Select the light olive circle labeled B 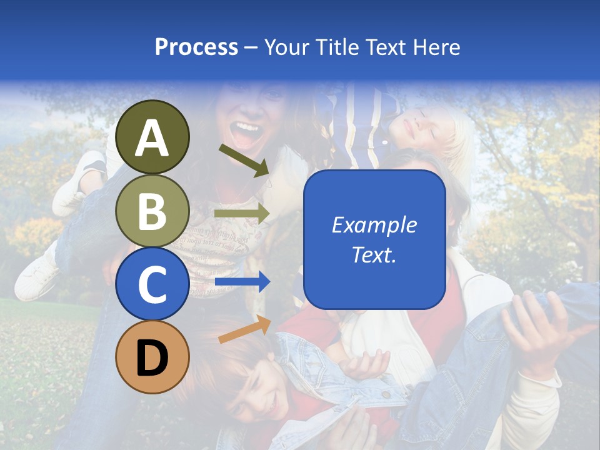[x=152, y=211]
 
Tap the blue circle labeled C [x=152, y=284]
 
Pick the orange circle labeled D [x=152, y=357]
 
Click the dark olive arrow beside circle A [x=244, y=160]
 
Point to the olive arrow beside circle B [x=241, y=214]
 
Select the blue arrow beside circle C [x=241, y=282]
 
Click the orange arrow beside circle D [x=244, y=329]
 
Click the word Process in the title [x=196, y=47]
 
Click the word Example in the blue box [x=374, y=225]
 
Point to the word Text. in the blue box [x=374, y=255]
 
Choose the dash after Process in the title [x=251, y=47]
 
